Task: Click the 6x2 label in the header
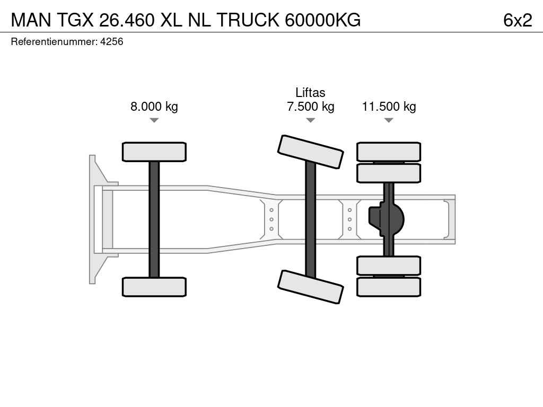point(518,20)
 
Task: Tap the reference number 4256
point(111,41)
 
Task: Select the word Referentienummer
point(54,41)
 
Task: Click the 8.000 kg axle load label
point(154,106)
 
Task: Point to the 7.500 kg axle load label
point(310,106)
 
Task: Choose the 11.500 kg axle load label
point(389,106)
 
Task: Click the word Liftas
point(310,92)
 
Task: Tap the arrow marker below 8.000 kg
point(154,120)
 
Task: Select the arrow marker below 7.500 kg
point(311,120)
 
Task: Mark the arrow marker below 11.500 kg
point(389,120)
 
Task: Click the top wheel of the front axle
point(154,152)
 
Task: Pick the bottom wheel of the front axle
point(154,287)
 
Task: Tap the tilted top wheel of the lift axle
point(311,152)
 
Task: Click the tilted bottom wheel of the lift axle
point(311,287)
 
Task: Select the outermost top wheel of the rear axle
point(389,152)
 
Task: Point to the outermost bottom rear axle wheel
point(389,287)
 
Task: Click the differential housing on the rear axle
point(387,219)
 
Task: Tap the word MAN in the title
point(31,20)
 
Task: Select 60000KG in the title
point(323,20)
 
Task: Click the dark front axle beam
point(154,219)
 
